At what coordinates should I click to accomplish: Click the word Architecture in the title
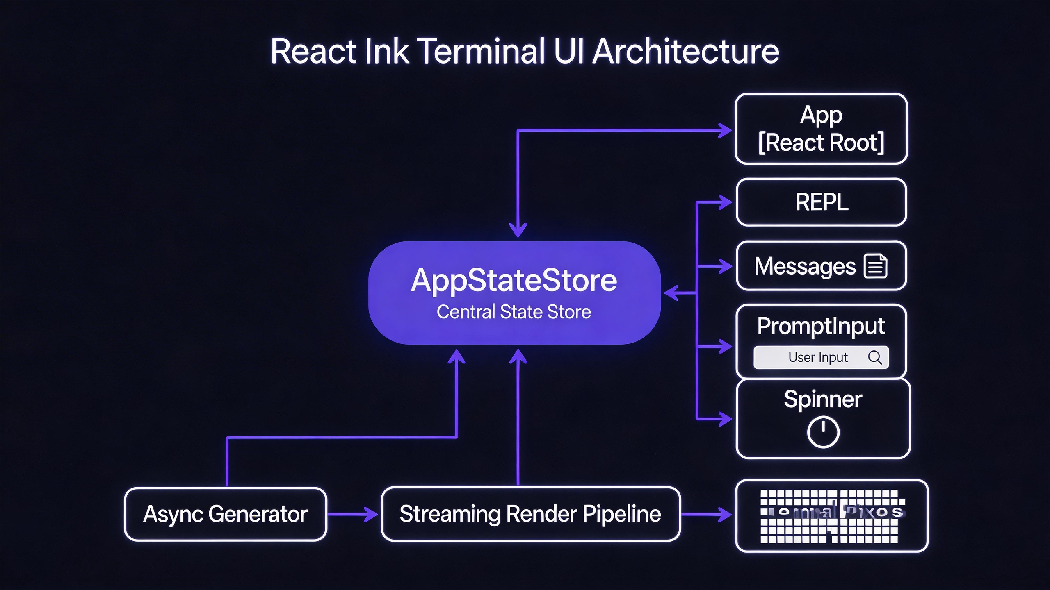[686, 52]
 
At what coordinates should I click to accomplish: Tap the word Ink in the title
[386, 52]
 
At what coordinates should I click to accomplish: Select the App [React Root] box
[821, 129]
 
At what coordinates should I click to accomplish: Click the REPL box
[821, 202]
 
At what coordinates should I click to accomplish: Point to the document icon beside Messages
[875, 266]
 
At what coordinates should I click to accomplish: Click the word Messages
[805, 266]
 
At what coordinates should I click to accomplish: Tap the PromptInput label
[821, 326]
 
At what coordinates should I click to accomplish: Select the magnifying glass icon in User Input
[874, 357]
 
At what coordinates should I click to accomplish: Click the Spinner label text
[823, 399]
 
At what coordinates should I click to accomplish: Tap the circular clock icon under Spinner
[823, 432]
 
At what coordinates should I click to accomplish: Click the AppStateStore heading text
[514, 280]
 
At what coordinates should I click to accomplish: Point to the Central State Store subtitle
[514, 312]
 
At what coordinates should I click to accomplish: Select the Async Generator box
[226, 514]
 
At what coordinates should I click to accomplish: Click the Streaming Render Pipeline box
[530, 514]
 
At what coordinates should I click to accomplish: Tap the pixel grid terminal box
[832, 516]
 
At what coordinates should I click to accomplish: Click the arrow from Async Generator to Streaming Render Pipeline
[353, 514]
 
